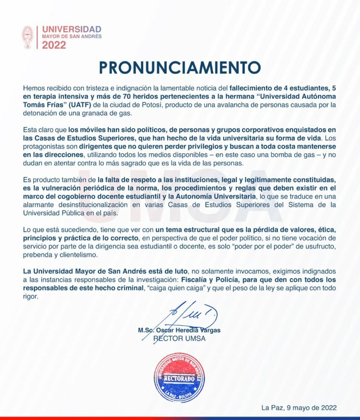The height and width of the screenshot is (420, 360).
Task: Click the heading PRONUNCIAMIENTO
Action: point(180,68)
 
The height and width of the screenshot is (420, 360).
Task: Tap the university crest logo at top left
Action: point(28,37)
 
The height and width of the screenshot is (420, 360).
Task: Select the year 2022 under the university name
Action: point(54,45)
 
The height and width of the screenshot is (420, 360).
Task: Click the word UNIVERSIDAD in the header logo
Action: point(72,29)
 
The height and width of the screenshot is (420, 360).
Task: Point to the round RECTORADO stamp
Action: point(179,378)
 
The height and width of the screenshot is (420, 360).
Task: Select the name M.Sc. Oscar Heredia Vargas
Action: point(179,331)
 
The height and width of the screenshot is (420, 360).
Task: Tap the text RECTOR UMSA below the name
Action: point(179,339)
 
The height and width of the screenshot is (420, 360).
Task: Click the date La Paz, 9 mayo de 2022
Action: point(299,407)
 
